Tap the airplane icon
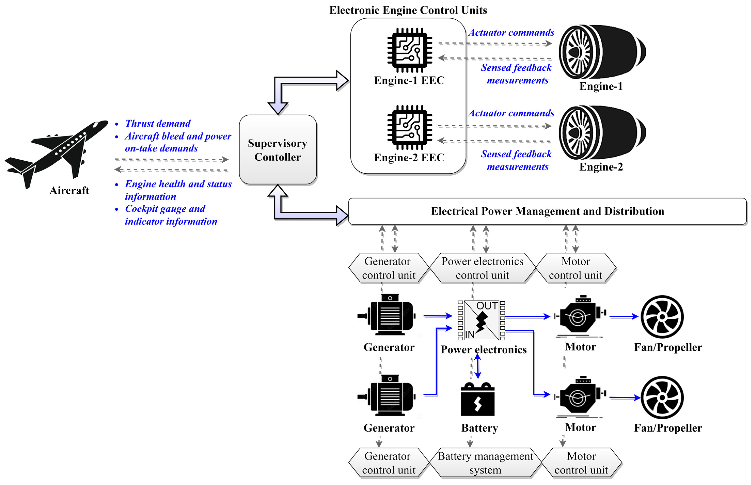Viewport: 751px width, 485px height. [x=57, y=151]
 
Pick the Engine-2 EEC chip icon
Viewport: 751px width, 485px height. [x=409, y=127]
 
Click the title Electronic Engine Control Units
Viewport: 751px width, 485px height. [x=408, y=10]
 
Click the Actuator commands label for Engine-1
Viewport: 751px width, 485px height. [x=511, y=33]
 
